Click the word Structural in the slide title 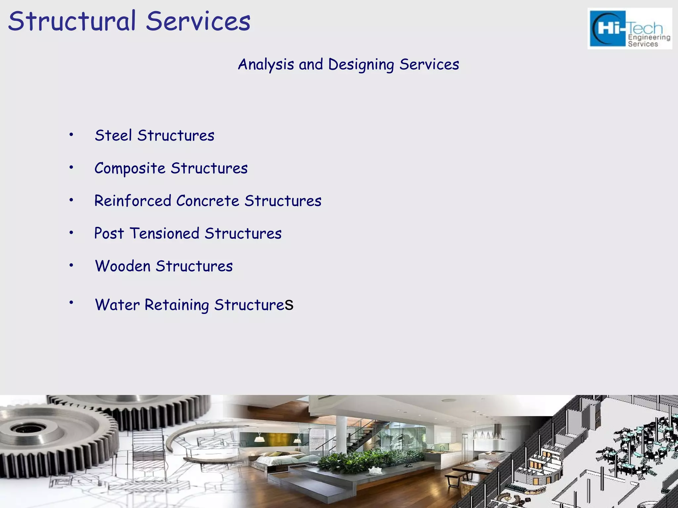72,21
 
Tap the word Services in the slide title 198,21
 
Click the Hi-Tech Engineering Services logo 630,29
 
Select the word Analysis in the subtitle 266,64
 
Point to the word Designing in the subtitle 361,64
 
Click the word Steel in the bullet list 113,135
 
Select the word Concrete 208,201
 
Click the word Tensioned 164,233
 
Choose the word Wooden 122,266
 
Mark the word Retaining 176,305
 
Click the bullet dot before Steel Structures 71,134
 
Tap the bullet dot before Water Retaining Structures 71,302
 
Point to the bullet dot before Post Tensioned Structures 71,232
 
